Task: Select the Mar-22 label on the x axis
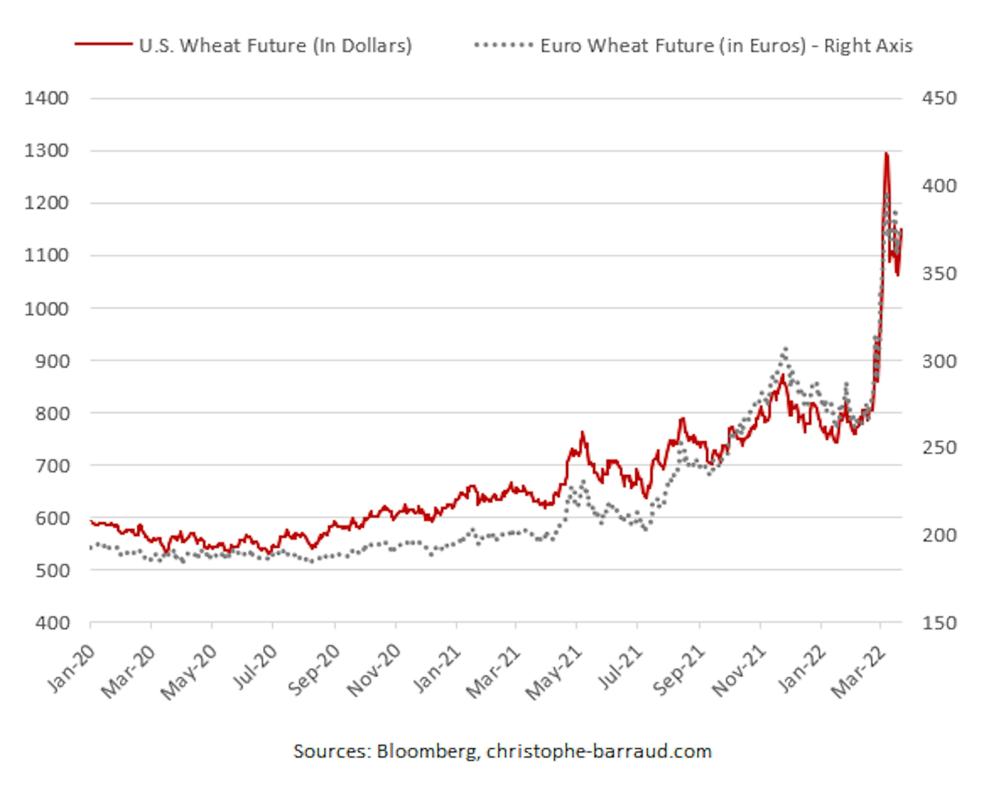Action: point(859,672)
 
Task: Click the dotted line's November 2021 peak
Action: point(785,349)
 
